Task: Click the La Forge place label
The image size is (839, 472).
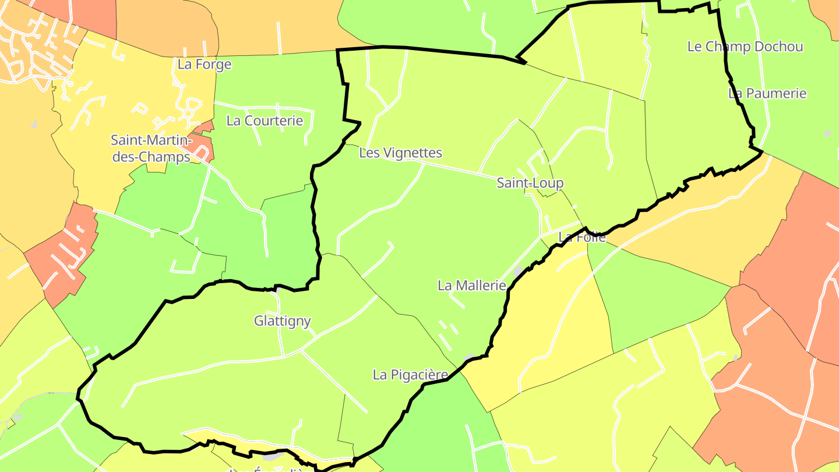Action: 204,64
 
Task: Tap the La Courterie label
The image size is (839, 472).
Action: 265,121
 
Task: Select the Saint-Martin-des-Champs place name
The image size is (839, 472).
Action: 151,149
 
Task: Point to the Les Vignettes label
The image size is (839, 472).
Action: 400,153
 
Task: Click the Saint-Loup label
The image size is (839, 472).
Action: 530,183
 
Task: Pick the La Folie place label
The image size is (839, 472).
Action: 582,237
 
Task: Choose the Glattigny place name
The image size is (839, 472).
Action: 283,320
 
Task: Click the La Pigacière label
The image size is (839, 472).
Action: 410,375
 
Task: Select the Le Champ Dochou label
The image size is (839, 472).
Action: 745,47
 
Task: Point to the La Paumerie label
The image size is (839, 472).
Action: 767,93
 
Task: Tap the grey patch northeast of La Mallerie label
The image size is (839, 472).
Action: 518,272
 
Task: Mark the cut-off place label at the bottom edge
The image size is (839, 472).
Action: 265,469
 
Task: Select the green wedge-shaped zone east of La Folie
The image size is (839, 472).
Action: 653,297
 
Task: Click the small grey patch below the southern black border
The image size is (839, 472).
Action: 274,456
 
